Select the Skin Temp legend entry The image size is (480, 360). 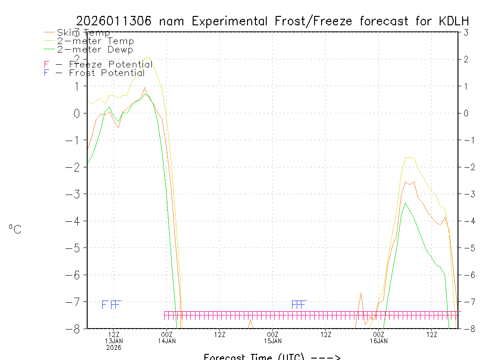(x=83, y=33)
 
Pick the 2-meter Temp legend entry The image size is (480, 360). (x=95, y=41)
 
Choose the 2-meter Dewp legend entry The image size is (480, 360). (x=95, y=50)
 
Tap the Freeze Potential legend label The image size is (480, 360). (x=111, y=65)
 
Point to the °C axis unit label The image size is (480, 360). (x=15, y=229)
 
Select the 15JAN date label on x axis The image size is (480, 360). (x=272, y=341)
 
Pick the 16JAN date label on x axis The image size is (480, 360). (x=378, y=341)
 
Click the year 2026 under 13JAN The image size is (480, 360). (x=113, y=347)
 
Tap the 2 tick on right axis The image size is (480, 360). (x=466, y=59)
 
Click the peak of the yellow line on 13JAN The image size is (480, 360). (x=147, y=58)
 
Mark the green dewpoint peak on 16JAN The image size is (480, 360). (x=405, y=202)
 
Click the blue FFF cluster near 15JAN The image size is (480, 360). (x=299, y=305)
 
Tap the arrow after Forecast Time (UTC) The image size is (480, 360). (x=326, y=357)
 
